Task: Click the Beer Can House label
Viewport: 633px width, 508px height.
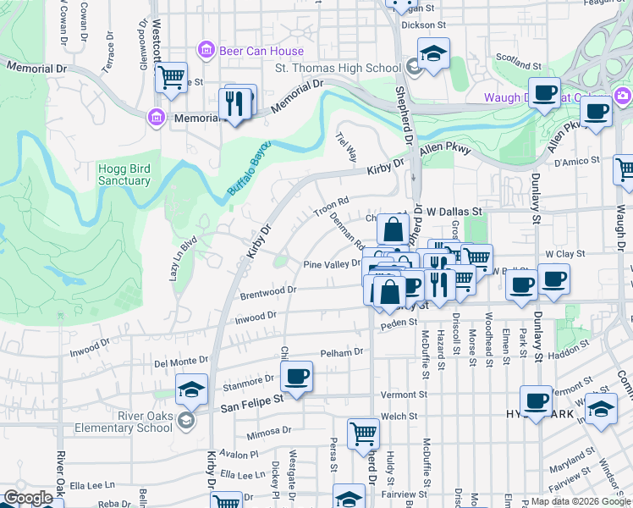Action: (x=250, y=51)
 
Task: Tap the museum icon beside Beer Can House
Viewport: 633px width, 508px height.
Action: (x=206, y=51)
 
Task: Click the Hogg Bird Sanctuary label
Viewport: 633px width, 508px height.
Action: (x=124, y=174)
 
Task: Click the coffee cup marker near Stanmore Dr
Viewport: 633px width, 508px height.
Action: (x=296, y=375)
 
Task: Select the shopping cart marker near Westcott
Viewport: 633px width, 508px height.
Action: (x=172, y=77)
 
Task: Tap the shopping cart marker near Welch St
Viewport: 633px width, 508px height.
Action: (x=363, y=433)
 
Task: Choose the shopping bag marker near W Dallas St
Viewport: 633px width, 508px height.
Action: (x=394, y=229)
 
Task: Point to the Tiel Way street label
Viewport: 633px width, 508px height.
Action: (x=347, y=146)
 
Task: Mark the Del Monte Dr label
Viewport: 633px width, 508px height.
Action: (x=180, y=362)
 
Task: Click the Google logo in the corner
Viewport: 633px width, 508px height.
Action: (x=28, y=498)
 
